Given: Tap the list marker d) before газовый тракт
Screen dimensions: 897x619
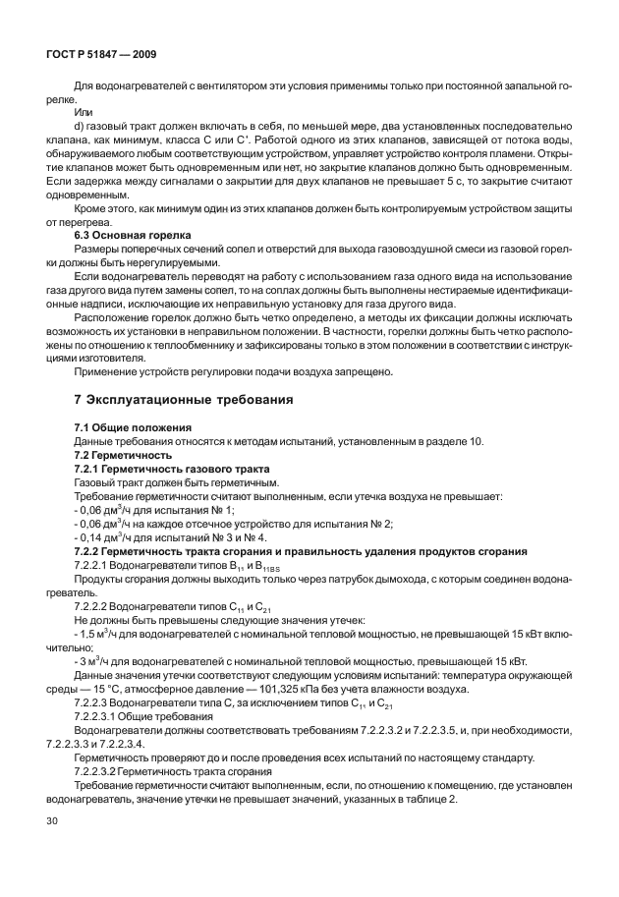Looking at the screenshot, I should pyautogui.click(x=81, y=127).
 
